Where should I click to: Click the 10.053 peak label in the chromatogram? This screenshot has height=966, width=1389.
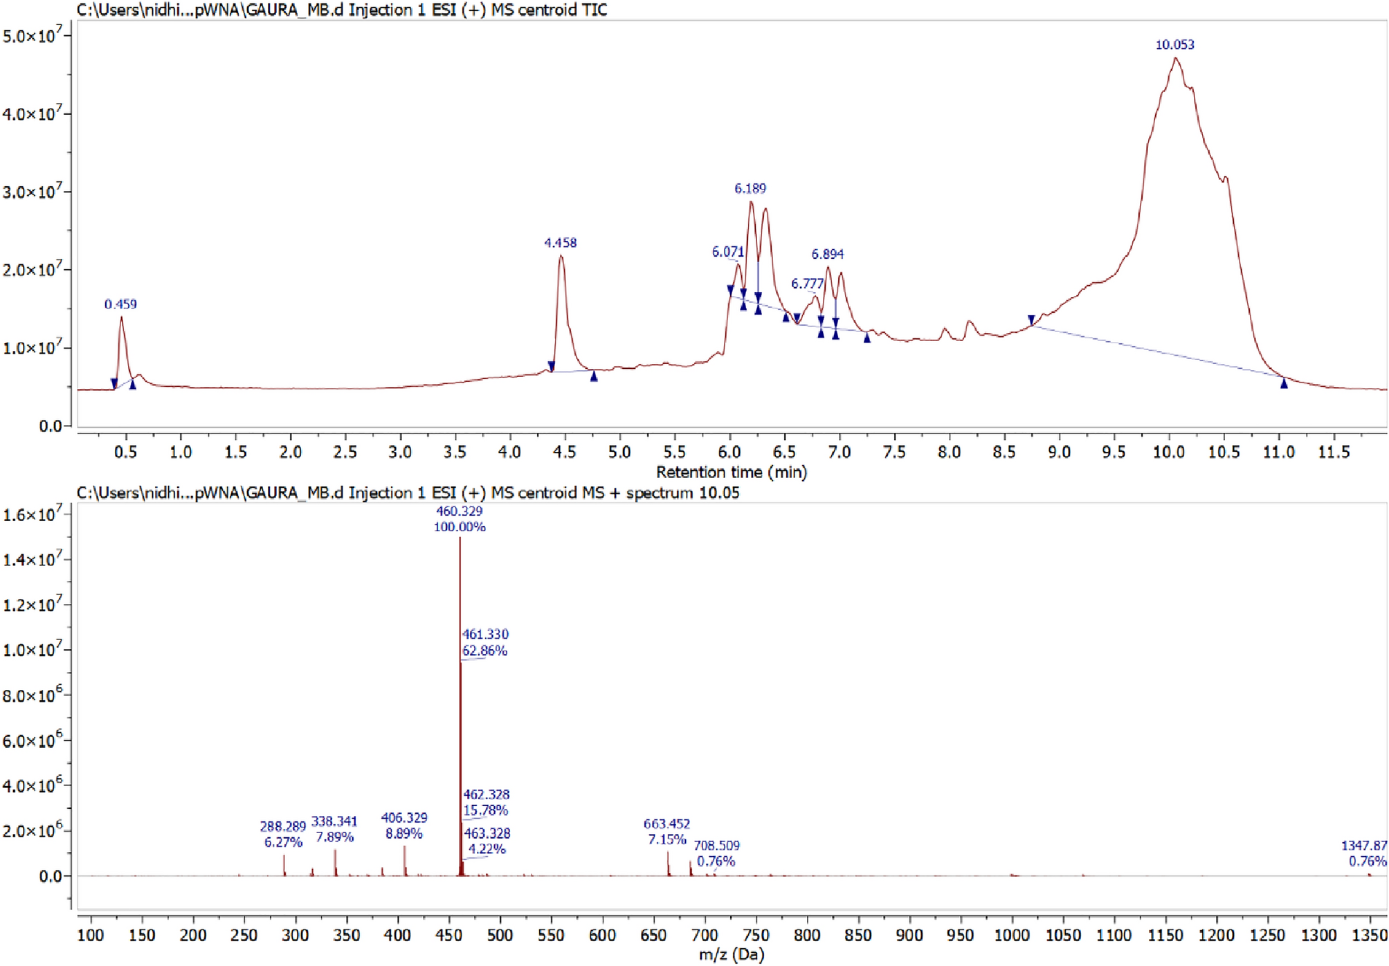(x=1174, y=45)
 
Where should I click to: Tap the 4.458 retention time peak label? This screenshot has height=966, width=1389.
(x=560, y=243)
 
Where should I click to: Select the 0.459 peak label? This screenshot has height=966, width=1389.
(x=120, y=304)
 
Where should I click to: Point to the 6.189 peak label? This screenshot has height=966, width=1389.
(x=750, y=188)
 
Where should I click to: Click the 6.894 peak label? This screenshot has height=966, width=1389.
(x=827, y=254)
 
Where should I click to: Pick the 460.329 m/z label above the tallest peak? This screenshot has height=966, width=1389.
(x=460, y=511)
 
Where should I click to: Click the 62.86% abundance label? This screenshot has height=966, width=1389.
(x=484, y=651)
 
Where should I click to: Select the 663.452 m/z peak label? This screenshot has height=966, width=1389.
(x=666, y=824)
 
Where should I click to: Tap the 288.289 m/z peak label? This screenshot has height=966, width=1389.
(x=282, y=826)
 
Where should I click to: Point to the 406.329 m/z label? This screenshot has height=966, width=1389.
(x=404, y=818)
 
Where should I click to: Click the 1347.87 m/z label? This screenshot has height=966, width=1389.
(x=1363, y=846)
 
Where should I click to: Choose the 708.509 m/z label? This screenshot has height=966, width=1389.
(x=716, y=846)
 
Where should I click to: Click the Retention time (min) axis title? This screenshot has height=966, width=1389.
(x=731, y=472)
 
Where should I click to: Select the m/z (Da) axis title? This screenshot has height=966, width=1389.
(x=731, y=955)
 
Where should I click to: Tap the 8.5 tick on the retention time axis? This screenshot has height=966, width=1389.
(x=1004, y=452)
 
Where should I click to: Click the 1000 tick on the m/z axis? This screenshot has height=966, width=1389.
(x=1012, y=935)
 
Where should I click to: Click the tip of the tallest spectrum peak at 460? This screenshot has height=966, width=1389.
(x=460, y=538)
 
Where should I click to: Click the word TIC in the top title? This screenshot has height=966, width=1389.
(x=595, y=10)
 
